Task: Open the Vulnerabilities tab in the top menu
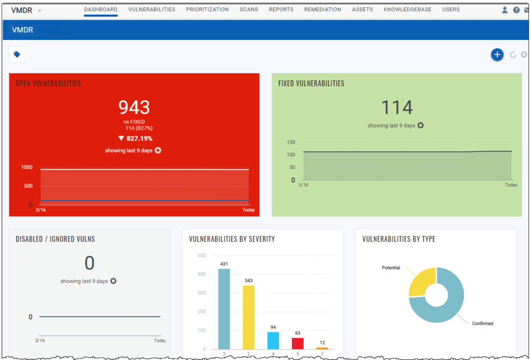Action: [x=151, y=9]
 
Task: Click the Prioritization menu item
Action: [x=207, y=9]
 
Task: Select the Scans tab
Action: [x=249, y=9]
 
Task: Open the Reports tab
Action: [x=281, y=9]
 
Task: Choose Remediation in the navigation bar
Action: [x=323, y=9]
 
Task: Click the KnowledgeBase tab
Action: [x=407, y=9]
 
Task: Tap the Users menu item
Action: [x=451, y=9]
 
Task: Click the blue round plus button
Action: [x=497, y=54]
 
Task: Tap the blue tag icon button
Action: [x=17, y=54]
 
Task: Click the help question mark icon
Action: [x=516, y=10]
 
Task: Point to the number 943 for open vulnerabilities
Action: [x=134, y=107]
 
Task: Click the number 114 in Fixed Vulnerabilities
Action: [x=397, y=107]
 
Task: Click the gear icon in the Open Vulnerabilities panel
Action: [x=158, y=150]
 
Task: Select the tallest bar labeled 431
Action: [x=224, y=309]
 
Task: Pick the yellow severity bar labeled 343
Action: [x=249, y=316]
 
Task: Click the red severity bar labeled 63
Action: [x=298, y=343]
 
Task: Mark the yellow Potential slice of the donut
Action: [x=422, y=283]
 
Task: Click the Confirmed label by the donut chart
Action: [x=482, y=324]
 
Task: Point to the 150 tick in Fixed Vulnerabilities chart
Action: [x=291, y=142]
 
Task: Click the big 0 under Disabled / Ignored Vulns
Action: [x=89, y=264]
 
